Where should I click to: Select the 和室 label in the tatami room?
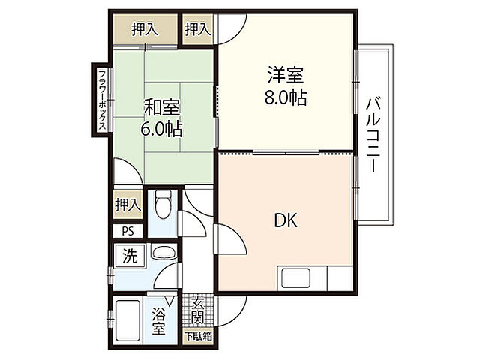(161, 106)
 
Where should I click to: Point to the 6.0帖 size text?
(161, 128)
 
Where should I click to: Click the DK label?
(285, 220)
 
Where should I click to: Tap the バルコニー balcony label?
(373, 135)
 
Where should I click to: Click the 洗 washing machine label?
(130, 255)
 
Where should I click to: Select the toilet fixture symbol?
(163, 204)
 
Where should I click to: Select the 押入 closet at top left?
(145, 29)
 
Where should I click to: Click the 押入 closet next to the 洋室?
(197, 29)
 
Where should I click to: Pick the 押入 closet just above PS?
(127, 203)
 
